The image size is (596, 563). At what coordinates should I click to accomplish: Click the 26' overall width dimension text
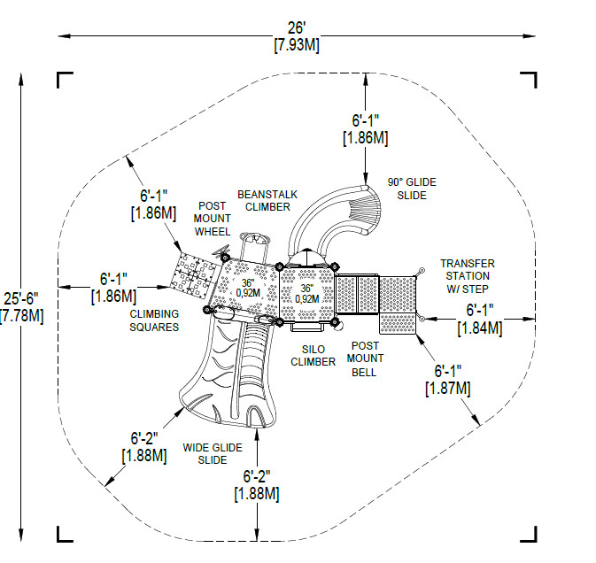click(297, 27)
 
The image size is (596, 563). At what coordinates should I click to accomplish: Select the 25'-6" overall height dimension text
click(21, 298)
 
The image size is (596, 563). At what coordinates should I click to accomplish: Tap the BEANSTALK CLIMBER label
click(267, 201)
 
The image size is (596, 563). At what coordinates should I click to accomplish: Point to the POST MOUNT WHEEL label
click(212, 219)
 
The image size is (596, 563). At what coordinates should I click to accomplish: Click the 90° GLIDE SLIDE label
click(412, 189)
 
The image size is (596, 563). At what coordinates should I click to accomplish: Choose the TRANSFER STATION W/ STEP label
click(468, 276)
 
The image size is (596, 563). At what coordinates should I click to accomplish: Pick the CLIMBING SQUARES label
click(154, 320)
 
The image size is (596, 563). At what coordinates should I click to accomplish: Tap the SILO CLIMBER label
click(313, 356)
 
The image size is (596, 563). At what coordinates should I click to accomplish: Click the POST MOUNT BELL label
click(365, 359)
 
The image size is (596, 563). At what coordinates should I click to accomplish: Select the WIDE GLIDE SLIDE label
click(213, 453)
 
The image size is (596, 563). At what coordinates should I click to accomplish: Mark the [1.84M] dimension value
click(480, 328)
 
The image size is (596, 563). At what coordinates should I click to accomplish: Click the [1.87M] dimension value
click(448, 389)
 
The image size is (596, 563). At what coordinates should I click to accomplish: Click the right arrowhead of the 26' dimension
click(530, 36)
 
